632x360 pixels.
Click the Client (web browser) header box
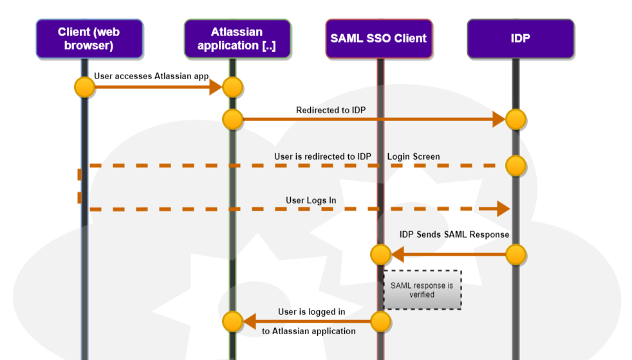coord(89,39)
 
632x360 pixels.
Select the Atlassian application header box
coord(237,39)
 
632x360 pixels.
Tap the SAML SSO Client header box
coord(378,39)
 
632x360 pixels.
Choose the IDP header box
coord(520,39)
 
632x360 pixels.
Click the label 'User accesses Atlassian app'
coord(151,76)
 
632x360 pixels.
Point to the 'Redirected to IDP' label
coord(331,110)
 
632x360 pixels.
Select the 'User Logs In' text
coord(311,200)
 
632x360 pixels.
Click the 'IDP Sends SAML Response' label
coord(454,234)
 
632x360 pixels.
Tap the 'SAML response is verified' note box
coord(422,290)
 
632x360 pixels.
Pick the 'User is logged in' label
coord(311,312)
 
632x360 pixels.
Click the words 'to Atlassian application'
coord(309,331)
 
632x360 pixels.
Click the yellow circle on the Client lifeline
coord(84,87)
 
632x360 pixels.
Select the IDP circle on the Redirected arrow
coord(516,119)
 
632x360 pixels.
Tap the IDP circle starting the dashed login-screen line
coord(516,166)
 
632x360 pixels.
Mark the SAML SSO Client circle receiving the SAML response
coord(380,254)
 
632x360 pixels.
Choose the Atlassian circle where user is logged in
coord(232,321)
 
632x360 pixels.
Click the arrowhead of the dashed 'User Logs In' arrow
coord(503,208)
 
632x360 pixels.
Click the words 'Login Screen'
coord(414,156)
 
